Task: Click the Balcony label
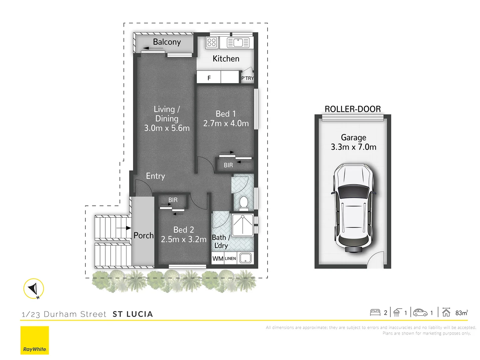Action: pyautogui.click(x=167, y=42)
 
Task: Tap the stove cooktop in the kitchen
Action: pyautogui.click(x=212, y=42)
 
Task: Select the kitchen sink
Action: pyautogui.click(x=238, y=43)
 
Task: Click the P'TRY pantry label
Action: pyautogui.click(x=247, y=78)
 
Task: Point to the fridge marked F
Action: pyautogui.click(x=209, y=78)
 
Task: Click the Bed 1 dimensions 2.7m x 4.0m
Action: pyautogui.click(x=226, y=123)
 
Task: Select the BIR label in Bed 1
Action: pyautogui.click(x=228, y=165)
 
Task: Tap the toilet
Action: pyautogui.click(x=244, y=203)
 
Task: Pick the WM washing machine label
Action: pyautogui.click(x=218, y=259)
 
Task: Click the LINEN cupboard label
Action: pyautogui.click(x=230, y=259)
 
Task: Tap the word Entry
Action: pyautogui.click(x=155, y=176)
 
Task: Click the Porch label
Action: pyautogui.click(x=143, y=235)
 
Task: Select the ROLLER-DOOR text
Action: pyautogui.click(x=353, y=109)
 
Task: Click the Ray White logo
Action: pyautogui.click(x=35, y=340)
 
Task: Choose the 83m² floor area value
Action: pyautogui.click(x=461, y=313)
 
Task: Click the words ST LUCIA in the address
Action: pyautogui.click(x=133, y=314)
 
